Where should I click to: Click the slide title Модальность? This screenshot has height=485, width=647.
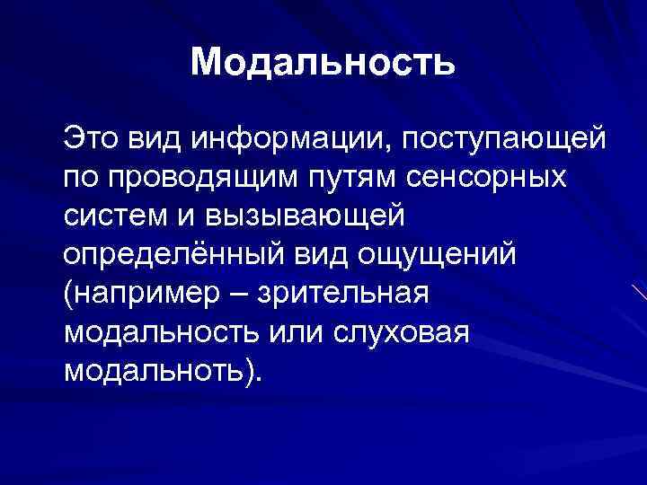(x=323, y=63)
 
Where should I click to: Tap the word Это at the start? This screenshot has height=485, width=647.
(x=90, y=139)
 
